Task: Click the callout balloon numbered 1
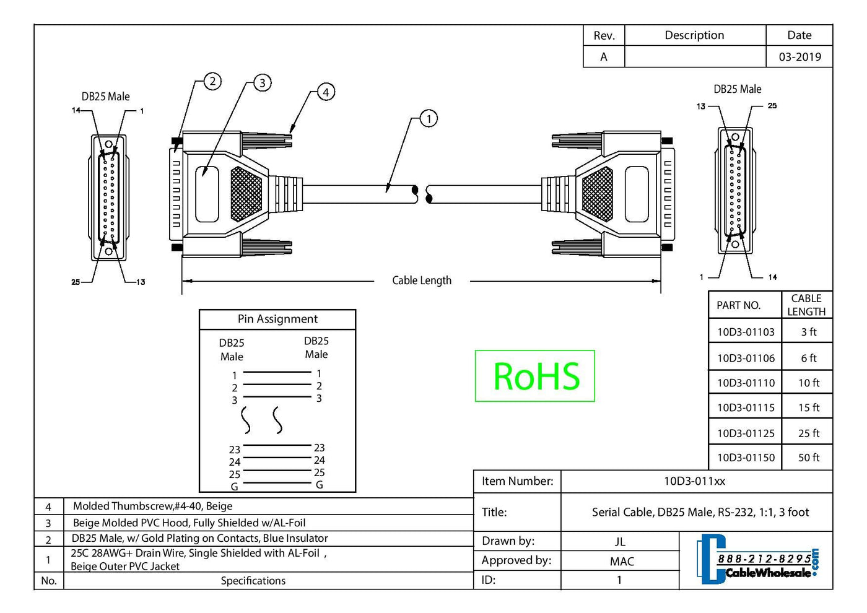coord(429,118)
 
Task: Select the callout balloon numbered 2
coord(212,81)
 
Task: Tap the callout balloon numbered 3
coord(263,83)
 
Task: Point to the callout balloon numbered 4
coord(326,92)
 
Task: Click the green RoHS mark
coord(535,376)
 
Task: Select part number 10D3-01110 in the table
coord(746,383)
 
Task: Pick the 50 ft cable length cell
coord(808,458)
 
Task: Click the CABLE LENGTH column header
coord(806,305)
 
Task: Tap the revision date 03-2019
coord(799,57)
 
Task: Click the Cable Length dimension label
coord(422,280)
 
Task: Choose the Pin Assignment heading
coord(277,319)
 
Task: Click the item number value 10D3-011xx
coord(694,481)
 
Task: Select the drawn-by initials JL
coord(620,542)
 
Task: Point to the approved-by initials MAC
coord(622,562)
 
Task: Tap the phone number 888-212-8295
coord(764,559)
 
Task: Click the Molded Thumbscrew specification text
coord(152,506)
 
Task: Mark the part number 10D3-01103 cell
coord(746,332)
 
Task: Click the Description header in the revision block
coord(694,35)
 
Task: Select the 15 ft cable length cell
coord(808,407)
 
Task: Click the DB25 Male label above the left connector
coord(106,97)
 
